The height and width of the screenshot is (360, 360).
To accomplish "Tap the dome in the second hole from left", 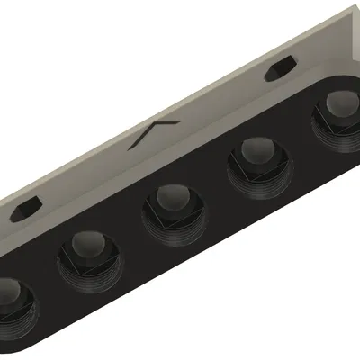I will (x=87, y=244).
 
